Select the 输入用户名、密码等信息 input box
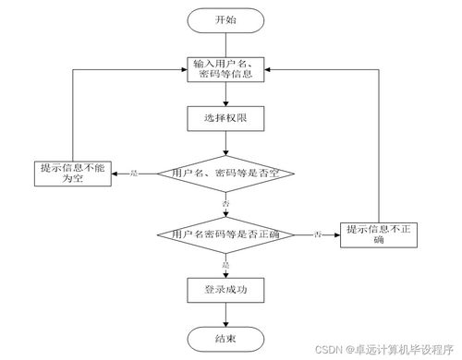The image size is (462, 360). [x=225, y=70]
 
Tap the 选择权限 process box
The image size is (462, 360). [x=225, y=119]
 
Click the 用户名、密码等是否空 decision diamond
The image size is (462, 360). [x=225, y=174]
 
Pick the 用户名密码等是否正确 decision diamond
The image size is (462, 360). [x=225, y=235]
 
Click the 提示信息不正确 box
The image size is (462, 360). [x=377, y=235]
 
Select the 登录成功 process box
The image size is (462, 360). [x=225, y=290]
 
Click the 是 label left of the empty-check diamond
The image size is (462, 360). [x=136, y=174]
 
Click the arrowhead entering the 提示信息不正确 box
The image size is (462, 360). [x=336, y=235]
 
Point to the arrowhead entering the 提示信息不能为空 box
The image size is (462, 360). [x=116, y=174]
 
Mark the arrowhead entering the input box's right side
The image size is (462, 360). [x=270, y=69]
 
